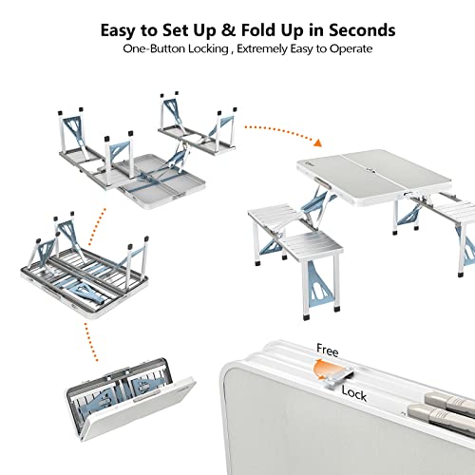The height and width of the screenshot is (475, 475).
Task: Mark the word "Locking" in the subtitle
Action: tap(208, 48)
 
